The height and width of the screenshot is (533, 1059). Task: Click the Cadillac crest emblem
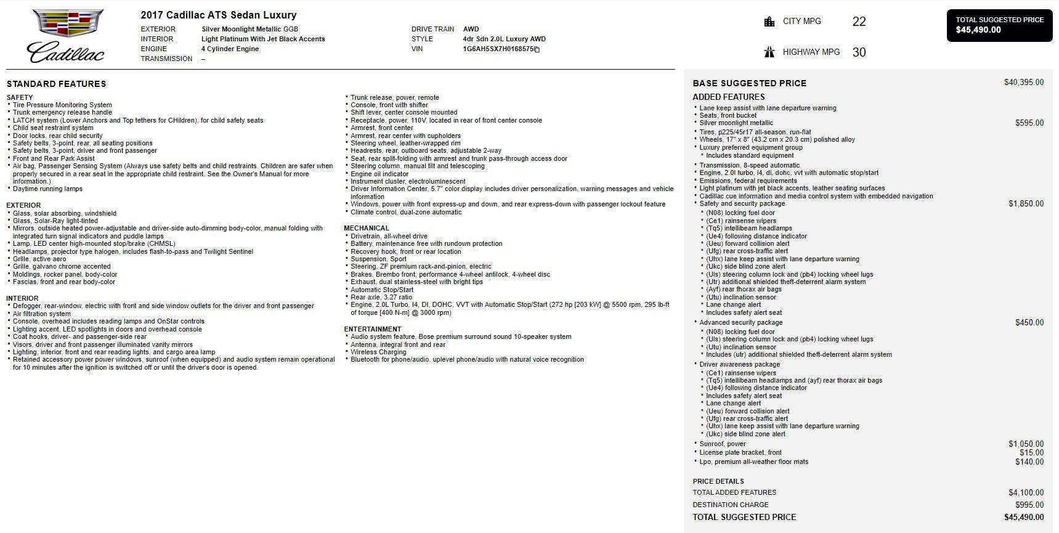(68, 23)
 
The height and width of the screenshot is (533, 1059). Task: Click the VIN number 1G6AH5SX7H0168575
(498, 49)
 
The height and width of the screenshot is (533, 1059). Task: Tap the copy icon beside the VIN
(537, 50)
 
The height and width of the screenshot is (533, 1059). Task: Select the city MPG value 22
(859, 22)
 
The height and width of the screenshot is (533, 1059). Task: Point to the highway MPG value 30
(859, 53)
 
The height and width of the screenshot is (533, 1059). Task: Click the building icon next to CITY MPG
(769, 22)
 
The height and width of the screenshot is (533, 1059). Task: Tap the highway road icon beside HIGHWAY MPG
(769, 52)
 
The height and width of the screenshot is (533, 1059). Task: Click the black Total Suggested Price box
(999, 25)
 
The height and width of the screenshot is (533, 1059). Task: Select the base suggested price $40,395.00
(1023, 83)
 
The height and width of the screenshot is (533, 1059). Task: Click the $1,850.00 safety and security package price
(1026, 204)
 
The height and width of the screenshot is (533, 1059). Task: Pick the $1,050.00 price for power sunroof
(1026, 444)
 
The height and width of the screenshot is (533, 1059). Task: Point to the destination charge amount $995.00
(1029, 505)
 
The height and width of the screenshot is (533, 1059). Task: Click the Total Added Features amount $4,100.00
(1026, 493)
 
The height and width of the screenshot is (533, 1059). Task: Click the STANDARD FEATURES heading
(56, 84)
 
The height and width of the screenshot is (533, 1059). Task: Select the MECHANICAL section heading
(367, 229)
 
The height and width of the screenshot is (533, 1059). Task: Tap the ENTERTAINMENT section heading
(372, 330)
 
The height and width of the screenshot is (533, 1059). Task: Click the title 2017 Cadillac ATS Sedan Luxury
(218, 15)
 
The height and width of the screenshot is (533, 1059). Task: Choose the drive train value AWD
(471, 29)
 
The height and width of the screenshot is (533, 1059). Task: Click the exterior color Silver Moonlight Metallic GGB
(250, 29)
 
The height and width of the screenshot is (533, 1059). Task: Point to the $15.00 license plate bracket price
(1031, 453)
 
